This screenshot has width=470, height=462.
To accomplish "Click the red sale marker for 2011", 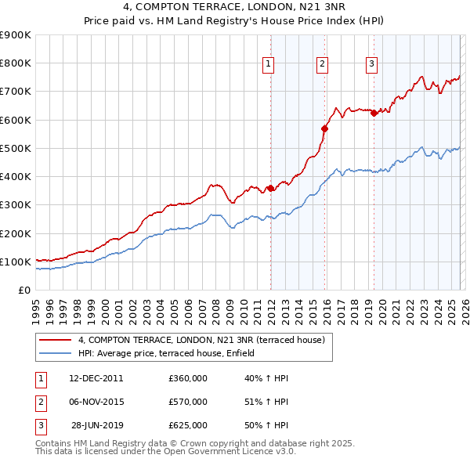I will tap(270, 188).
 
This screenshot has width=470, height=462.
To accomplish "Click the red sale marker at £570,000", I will tap(324, 128).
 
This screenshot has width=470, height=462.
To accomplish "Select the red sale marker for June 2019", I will tap(374, 113).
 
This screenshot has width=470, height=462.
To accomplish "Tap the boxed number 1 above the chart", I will tap(269, 64).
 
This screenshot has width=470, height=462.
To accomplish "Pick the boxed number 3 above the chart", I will tap(371, 64).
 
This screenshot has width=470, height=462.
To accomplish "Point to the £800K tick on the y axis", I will tap(16, 63).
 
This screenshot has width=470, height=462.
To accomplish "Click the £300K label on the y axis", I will tap(16, 205).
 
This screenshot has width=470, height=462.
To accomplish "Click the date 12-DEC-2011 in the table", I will tap(96, 378).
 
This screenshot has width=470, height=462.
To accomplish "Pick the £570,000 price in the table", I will tap(188, 402).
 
